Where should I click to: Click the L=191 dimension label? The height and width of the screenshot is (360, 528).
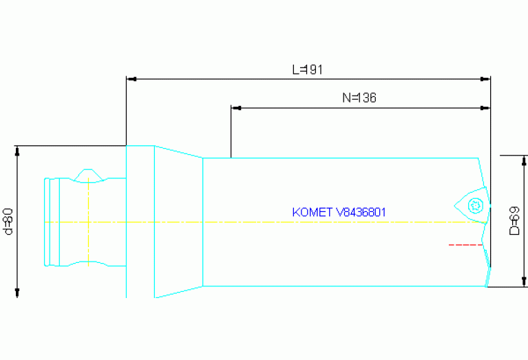pos(307,70)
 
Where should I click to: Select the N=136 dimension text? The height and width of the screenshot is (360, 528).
pos(359,98)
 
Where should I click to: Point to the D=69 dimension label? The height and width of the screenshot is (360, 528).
pos(514,221)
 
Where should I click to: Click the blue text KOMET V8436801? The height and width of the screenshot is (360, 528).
pos(339,212)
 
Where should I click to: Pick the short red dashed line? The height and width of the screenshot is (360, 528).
pos(465,244)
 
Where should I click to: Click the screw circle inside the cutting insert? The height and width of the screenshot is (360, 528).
pos(474,205)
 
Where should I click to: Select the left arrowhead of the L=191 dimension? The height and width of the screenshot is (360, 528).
pos(131,79)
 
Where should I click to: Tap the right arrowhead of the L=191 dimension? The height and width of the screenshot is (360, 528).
pos(485,79)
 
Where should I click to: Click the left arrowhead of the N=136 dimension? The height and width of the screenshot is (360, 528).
pos(236,108)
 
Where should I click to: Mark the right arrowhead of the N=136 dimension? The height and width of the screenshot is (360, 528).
pos(485,108)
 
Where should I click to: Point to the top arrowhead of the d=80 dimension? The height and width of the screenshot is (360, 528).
pos(17,151)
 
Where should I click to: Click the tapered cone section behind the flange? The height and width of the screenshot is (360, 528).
pos(178,222)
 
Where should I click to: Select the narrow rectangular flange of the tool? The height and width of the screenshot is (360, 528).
pos(140,222)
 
